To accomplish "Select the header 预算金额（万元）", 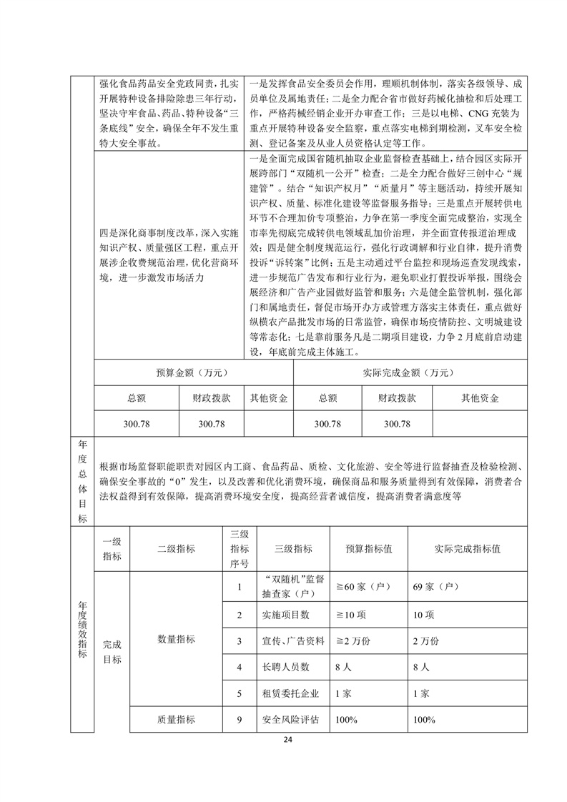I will [193, 372].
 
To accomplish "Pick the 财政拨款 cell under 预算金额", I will [211, 397].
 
